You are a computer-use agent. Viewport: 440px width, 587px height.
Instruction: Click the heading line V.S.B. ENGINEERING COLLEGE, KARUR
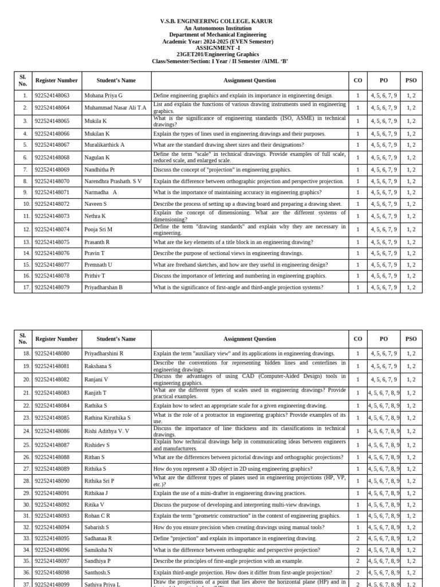coord(217,21)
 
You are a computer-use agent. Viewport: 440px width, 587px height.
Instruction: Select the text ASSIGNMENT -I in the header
coord(217,48)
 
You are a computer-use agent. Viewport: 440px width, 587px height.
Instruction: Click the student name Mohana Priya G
coord(104,95)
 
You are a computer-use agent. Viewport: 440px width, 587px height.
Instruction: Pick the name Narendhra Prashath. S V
coord(113,181)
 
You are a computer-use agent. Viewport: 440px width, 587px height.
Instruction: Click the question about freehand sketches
coord(241,265)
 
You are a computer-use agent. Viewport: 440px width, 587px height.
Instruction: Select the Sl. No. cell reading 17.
coord(23,287)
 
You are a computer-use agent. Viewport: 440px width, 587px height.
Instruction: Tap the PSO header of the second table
coord(411,339)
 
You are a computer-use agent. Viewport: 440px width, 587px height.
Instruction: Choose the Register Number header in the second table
coord(56,339)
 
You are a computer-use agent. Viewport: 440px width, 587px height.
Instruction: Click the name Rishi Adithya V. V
coord(107,431)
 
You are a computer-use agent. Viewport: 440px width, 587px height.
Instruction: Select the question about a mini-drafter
coord(230,493)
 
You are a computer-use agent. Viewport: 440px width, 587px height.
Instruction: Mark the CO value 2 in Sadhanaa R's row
coord(358,538)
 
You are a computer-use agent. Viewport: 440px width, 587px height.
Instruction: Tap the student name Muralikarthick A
coord(104,145)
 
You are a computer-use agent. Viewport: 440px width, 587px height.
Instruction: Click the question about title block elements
coord(233,242)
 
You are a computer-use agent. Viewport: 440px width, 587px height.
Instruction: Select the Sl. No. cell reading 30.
coord(23,504)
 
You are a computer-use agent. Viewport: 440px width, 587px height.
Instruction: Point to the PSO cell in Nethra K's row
coord(411,216)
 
